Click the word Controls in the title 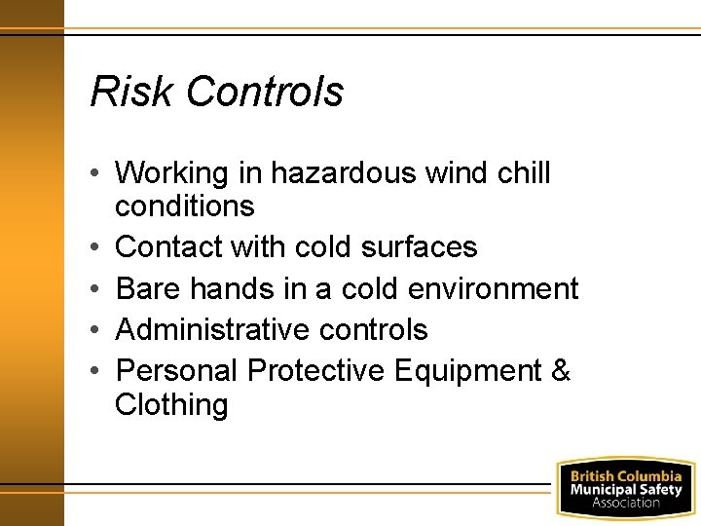pyautogui.click(x=264, y=92)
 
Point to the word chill pyautogui.click(x=524, y=173)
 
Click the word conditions pyautogui.click(x=184, y=207)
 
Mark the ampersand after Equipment pyautogui.click(x=561, y=371)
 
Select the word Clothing pyautogui.click(x=171, y=404)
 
